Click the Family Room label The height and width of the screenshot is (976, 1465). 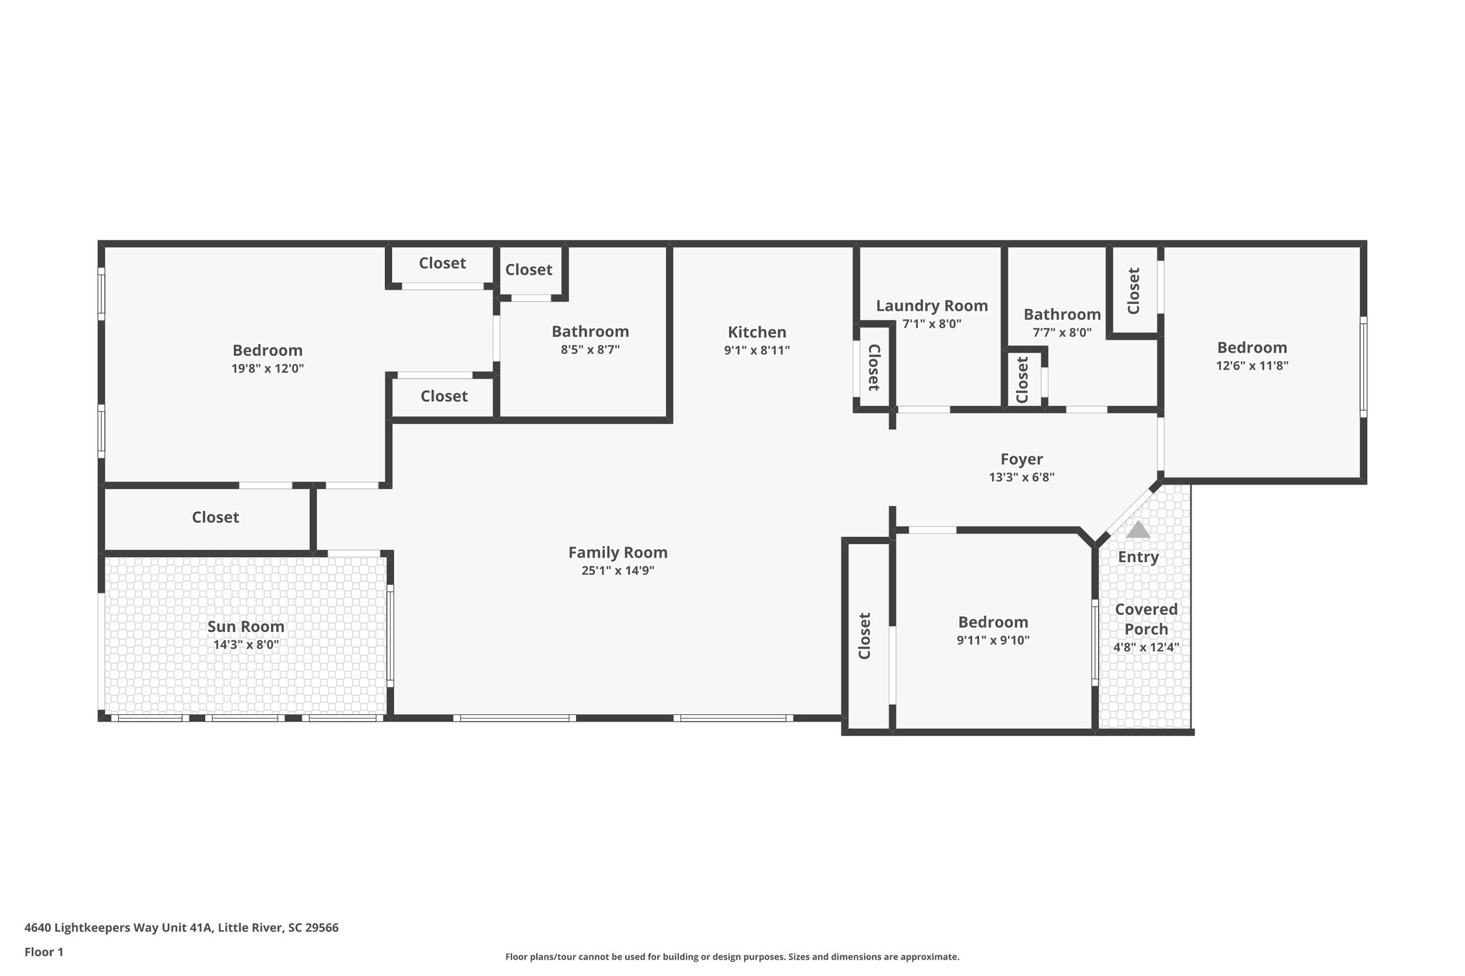click(617, 553)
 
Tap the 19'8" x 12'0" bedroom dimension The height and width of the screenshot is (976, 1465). click(268, 369)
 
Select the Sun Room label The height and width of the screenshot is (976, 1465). click(246, 627)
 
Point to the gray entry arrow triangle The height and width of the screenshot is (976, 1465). click(1137, 530)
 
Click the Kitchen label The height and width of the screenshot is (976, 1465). click(757, 332)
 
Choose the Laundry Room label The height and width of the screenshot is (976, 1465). click(931, 306)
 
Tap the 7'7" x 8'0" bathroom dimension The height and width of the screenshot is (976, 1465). click(1062, 332)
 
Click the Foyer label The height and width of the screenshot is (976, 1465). click(1021, 459)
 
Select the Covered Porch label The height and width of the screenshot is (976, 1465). click(1146, 619)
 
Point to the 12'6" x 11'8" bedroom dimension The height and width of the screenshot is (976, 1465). click(1252, 365)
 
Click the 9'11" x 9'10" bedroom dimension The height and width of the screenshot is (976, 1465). click(993, 641)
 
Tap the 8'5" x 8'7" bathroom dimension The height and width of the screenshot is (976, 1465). click(590, 350)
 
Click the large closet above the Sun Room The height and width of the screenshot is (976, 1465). click(215, 518)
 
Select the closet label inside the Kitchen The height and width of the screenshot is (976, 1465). click(873, 368)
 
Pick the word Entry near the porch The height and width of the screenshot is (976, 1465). click(1137, 557)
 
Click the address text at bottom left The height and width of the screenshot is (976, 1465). click(181, 928)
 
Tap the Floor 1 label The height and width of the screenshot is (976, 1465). click(44, 952)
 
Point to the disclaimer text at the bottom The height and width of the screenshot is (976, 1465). click(732, 957)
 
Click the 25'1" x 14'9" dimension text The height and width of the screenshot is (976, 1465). click(617, 571)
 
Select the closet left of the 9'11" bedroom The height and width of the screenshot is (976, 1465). click(865, 636)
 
